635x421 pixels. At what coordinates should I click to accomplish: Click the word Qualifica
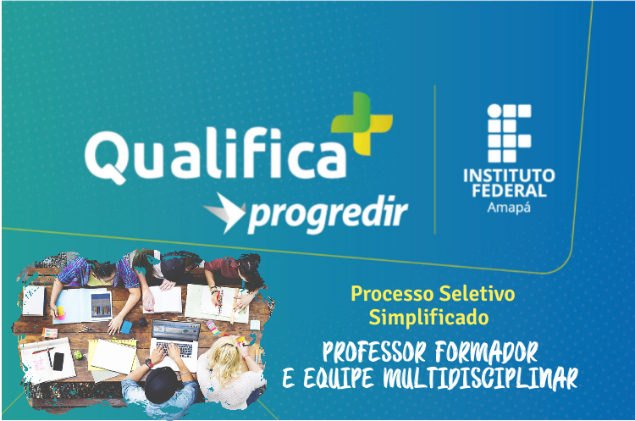(x=215, y=154)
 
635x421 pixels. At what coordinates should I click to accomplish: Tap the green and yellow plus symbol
(x=362, y=123)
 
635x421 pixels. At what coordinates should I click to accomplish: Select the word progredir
(x=328, y=214)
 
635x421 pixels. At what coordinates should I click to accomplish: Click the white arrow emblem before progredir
(x=224, y=213)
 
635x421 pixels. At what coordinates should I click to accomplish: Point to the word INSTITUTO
(x=509, y=176)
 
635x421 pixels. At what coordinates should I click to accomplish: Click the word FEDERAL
(x=509, y=191)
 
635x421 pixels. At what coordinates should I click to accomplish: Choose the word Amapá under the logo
(x=509, y=208)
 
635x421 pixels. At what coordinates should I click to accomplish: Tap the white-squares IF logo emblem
(x=509, y=133)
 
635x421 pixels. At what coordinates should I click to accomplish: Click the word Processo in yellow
(x=392, y=294)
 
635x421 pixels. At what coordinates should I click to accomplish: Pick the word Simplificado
(x=428, y=318)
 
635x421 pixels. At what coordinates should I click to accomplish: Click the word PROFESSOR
(x=373, y=352)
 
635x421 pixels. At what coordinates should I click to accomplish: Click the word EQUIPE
(x=338, y=379)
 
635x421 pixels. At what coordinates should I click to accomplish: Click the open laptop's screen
(x=176, y=330)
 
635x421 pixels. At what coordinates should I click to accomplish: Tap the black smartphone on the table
(x=58, y=362)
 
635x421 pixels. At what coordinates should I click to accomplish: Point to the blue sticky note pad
(x=126, y=327)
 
